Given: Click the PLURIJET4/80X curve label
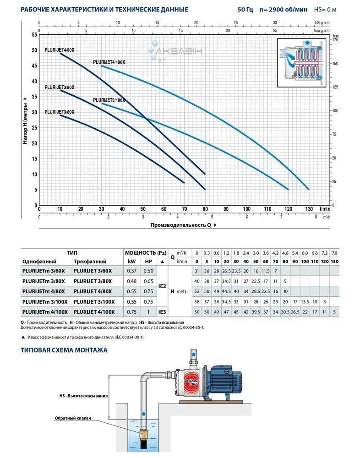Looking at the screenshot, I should pyautogui.click(x=59, y=50).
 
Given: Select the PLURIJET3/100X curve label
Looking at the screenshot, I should pyautogui.click(x=109, y=100).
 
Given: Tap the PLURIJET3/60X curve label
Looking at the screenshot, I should pyautogui.click(x=59, y=112).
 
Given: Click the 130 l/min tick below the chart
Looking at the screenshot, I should pyautogui.click(x=309, y=209).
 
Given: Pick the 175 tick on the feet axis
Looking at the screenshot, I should pyautogui.click(x=336, y=40).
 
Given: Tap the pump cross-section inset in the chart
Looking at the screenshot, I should pyautogui.click(x=303, y=62).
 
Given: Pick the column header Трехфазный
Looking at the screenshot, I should pyautogui.click(x=89, y=261).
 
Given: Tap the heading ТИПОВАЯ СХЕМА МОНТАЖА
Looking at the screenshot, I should pyautogui.click(x=64, y=350).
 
